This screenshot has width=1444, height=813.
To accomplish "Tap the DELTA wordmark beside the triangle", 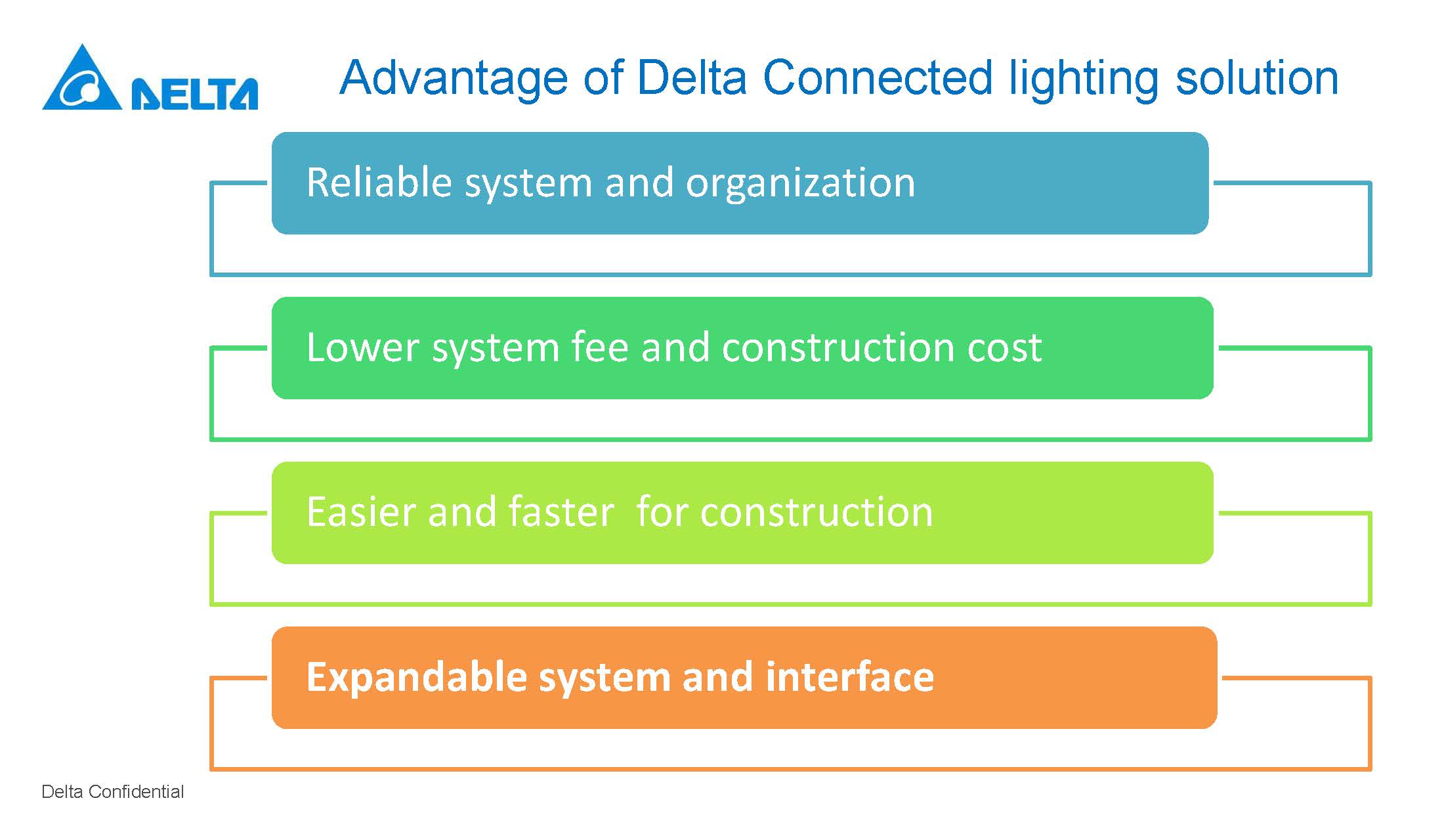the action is coord(195,94).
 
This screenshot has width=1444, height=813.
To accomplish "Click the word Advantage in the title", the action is coord(454,79).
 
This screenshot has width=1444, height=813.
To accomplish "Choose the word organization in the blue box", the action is coord(800,184).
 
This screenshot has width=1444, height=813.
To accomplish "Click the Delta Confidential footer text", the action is coord(112,791).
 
